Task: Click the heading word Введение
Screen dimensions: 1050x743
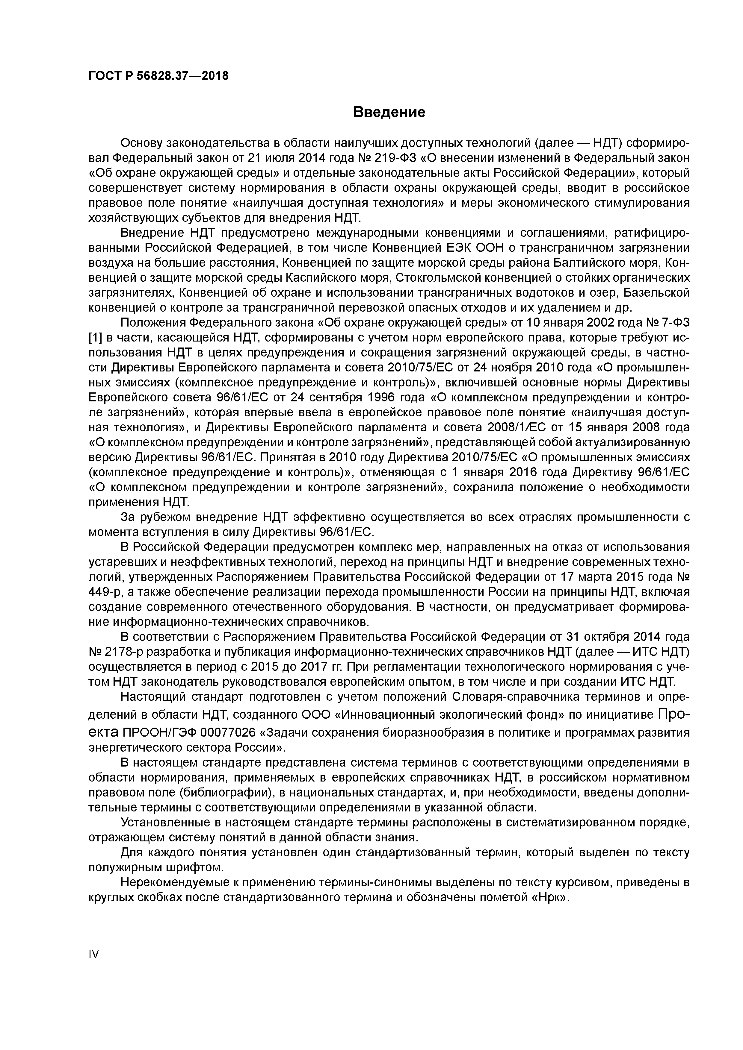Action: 389,112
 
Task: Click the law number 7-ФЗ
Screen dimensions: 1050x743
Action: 674,323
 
